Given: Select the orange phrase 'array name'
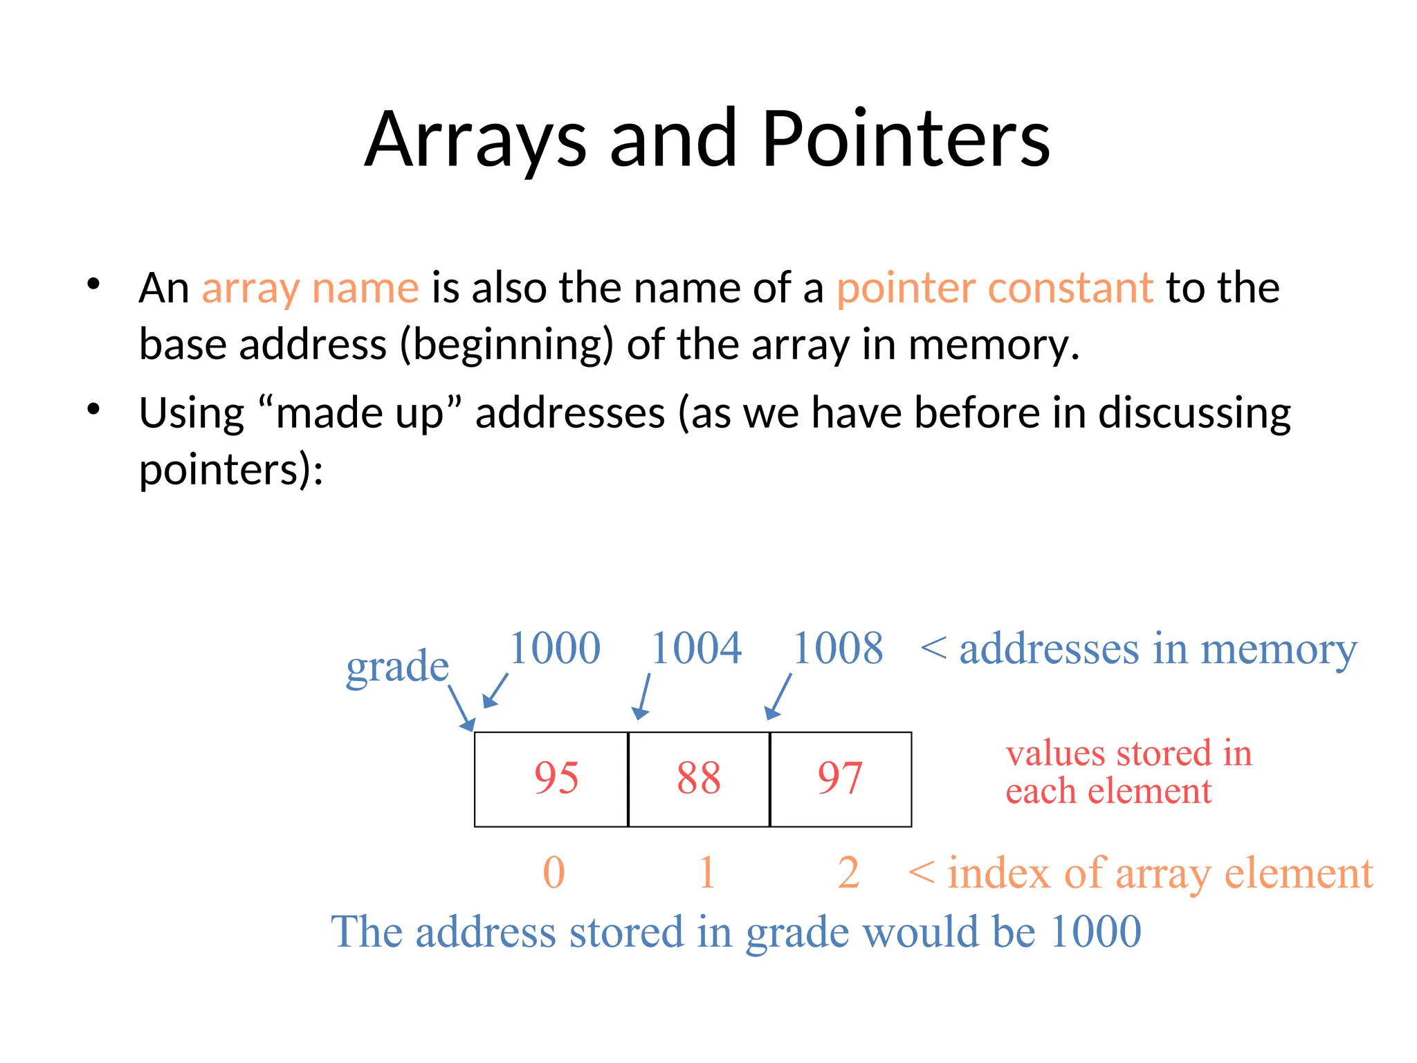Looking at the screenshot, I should pyautogui.click(x=310, y=288).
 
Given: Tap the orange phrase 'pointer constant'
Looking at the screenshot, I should pyautogui.click(x=994, y=288).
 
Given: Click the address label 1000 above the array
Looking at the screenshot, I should pyautogui.click(x=555, y=648).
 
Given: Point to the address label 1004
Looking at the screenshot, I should pyautogui.click(x=696, y=648).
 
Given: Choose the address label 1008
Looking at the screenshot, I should pyautogui.click(x=838, y=648).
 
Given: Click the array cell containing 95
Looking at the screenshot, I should pyautogui.click(x=551, y=779).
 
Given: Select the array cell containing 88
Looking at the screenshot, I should pyautogui.click(x=699, y=779).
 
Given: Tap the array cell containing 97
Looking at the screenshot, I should pyautogui.click(x=841, y=779).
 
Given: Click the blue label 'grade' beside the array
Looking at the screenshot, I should pyautogui.click(x=397, y=667).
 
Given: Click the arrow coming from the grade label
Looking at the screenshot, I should pyautogui.click(x=461, y=707).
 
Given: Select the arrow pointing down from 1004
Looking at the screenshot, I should pyautogui.click(x=643, y=696).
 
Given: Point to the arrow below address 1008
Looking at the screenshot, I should pyautogui.click(x=779, y=696).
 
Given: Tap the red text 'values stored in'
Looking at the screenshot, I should pyautogui.click(x=1128, y=753).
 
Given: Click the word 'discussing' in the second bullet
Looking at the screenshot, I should pyautogui.click(x=1194, y=413).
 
